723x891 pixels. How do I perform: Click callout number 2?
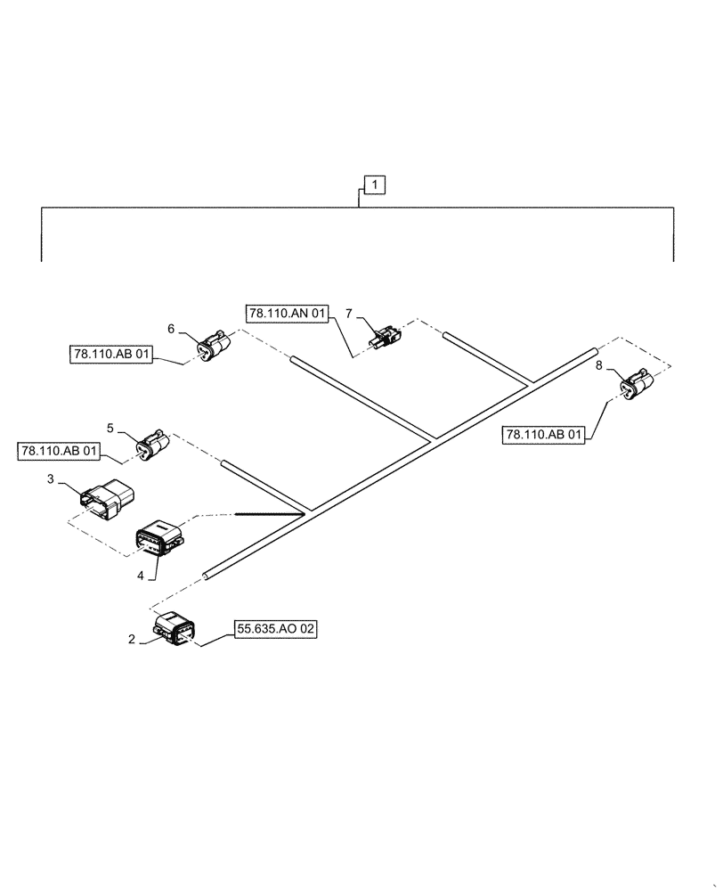[x=132, y=638]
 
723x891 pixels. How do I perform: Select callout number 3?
[x=51, y=479]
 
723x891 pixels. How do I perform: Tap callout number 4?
[x=141, y=575]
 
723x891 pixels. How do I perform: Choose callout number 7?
[x=349, y=314]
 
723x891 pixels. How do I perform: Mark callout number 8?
[x=598, y=366]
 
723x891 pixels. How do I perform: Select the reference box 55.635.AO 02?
[x=276, y=629]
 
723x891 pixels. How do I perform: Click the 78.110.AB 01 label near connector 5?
[x=58, y=450]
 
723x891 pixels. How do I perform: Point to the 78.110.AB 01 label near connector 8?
[x=545, y=436]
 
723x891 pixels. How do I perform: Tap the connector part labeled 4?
[x=159, y=538]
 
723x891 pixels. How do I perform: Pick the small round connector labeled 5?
[x=152, y=445]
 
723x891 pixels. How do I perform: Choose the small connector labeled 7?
[x=384, y=339]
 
